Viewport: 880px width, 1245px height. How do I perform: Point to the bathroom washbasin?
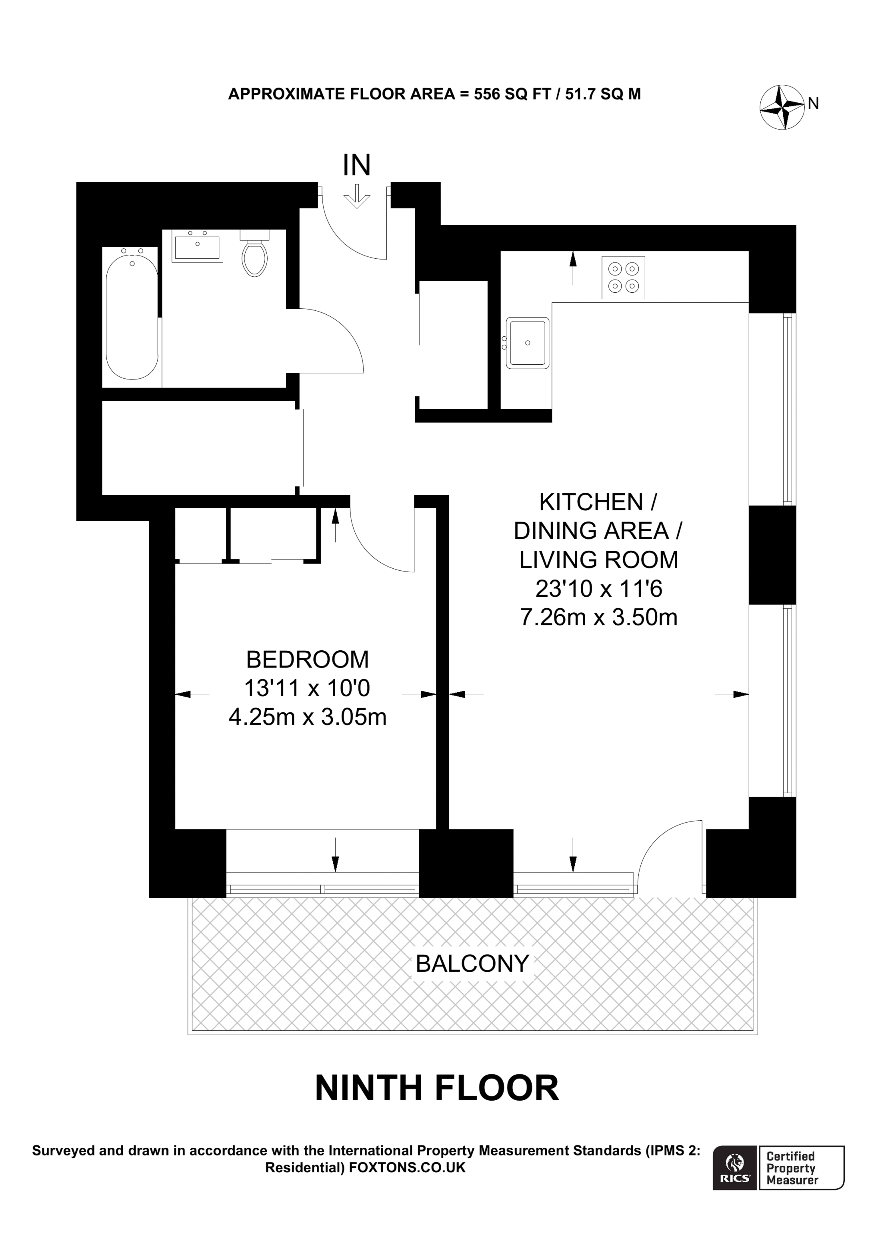[197, 246]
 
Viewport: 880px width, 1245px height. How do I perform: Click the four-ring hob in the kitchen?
[623, 277]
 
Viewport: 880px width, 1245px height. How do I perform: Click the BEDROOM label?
[308, 660]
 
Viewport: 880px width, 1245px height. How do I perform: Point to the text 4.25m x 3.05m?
[308, 717]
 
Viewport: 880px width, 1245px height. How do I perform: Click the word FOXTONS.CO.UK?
[407, 1167]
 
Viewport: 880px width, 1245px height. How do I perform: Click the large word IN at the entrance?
[357, 166]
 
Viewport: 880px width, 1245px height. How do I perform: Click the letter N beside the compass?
[813, 103]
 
